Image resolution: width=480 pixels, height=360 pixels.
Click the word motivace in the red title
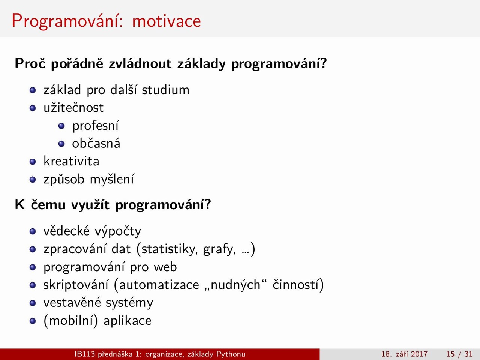[166, 21]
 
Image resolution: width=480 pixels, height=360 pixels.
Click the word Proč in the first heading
[30, 64]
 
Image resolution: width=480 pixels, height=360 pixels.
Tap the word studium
[165, 90]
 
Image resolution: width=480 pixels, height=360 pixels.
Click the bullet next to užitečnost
[33, 108]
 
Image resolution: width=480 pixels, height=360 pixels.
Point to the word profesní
[96, 126]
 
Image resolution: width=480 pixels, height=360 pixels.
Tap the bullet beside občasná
[61, 144]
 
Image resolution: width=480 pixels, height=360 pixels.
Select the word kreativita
[71, 162]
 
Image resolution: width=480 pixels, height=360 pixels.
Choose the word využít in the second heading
[90, 205]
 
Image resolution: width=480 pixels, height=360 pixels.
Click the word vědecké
[66, 231]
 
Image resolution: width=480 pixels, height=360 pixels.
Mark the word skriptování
[76, 285]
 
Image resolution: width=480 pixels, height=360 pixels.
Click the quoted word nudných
[235, 285]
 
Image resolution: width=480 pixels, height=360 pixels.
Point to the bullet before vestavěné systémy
[33, 303]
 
